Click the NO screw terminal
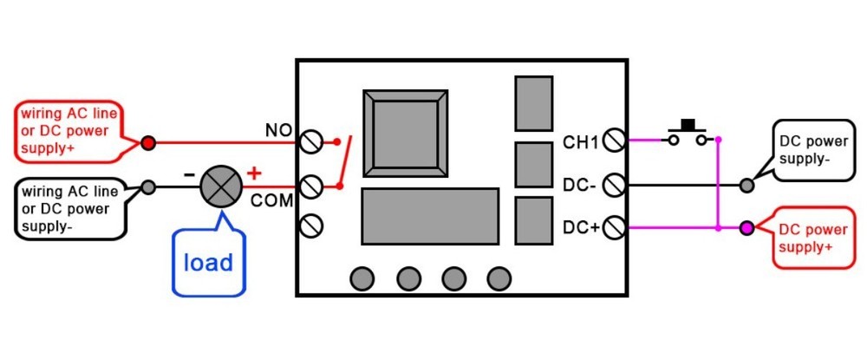click(310, 141)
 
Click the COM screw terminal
click(310, 186)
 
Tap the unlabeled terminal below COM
click(310, 226)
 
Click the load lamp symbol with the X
click(218, 186)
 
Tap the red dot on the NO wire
click(148, 141)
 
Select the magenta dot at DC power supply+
click(746, 229)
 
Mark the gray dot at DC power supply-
click(746, 185)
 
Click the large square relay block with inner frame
click(407, 129)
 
